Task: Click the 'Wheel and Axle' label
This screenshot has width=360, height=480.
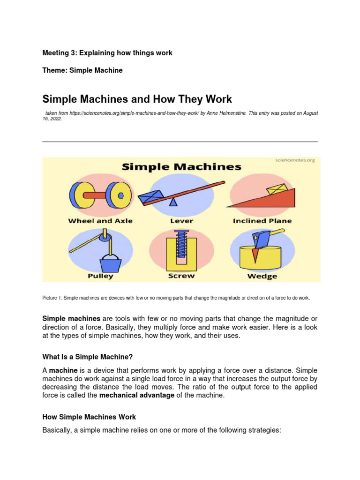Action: point(100,221)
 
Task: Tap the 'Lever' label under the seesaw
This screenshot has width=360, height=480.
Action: point(181,221)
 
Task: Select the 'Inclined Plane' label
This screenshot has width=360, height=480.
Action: point(262,221)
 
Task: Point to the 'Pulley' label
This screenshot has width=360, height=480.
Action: point(100,276)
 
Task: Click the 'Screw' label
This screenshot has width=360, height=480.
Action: point(181,276)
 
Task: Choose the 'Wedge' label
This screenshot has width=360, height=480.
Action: point(262,276)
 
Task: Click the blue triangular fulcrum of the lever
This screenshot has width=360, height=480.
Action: point(174,202)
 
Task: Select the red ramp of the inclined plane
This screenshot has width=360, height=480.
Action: point(272,199)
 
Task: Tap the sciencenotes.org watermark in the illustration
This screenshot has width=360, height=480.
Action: point(294,160)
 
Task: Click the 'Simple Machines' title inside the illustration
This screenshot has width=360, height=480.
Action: point(181,167)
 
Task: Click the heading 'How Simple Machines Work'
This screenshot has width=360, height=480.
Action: point(89,417)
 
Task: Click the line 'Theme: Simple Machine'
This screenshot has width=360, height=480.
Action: point(82,70)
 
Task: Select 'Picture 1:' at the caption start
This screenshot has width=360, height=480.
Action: point(52,298)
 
